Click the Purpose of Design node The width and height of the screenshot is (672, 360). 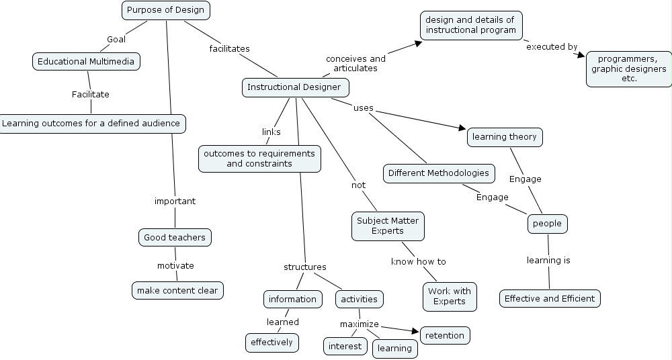[165, 10]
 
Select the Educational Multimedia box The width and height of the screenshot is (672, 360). [86, 62]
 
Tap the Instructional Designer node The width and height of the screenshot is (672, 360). [295, 87]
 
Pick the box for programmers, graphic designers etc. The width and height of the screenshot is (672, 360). [628, 69]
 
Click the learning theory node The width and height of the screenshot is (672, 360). [505, 137]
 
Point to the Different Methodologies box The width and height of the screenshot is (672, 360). [439, 173]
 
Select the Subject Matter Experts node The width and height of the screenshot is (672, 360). [388, 226]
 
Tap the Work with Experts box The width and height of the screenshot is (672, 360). [450, 296]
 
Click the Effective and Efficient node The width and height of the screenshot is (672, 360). [550, 298]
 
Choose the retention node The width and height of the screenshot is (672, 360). [445, 334]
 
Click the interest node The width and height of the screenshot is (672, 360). [345, 347]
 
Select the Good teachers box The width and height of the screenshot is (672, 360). [175, 237]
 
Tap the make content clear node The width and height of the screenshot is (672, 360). [177, 290]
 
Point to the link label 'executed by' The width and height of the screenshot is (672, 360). [552, 47]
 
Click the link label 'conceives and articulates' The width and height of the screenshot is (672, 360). [356, 63]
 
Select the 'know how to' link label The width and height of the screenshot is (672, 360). [418, 261]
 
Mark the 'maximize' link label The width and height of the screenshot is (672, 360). [359, 324]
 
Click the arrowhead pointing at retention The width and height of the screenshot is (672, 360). [415, 330]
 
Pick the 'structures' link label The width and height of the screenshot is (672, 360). [304, 267]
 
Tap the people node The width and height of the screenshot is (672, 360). [547, 224]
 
